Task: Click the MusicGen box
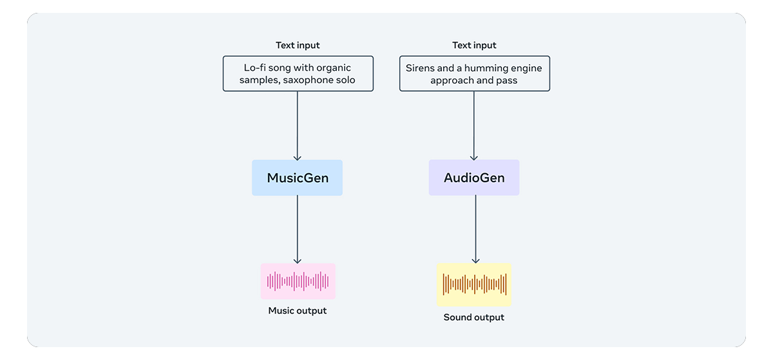(297, 178)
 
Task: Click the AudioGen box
(474, 178)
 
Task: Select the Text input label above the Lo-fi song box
(298, 45)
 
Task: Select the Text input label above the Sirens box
(474, 45)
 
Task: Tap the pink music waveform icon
(298, 281)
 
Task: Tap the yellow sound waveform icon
(474, 284)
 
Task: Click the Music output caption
(298, 310)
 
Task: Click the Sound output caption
(474, 317)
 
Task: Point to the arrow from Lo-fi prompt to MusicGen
(298, 126)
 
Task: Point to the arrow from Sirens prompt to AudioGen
(474, 126)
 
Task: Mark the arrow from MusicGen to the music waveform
(298, 229)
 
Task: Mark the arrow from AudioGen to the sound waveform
(475, 229)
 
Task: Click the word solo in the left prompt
(345, 81)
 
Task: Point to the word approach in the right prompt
(452, 81)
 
